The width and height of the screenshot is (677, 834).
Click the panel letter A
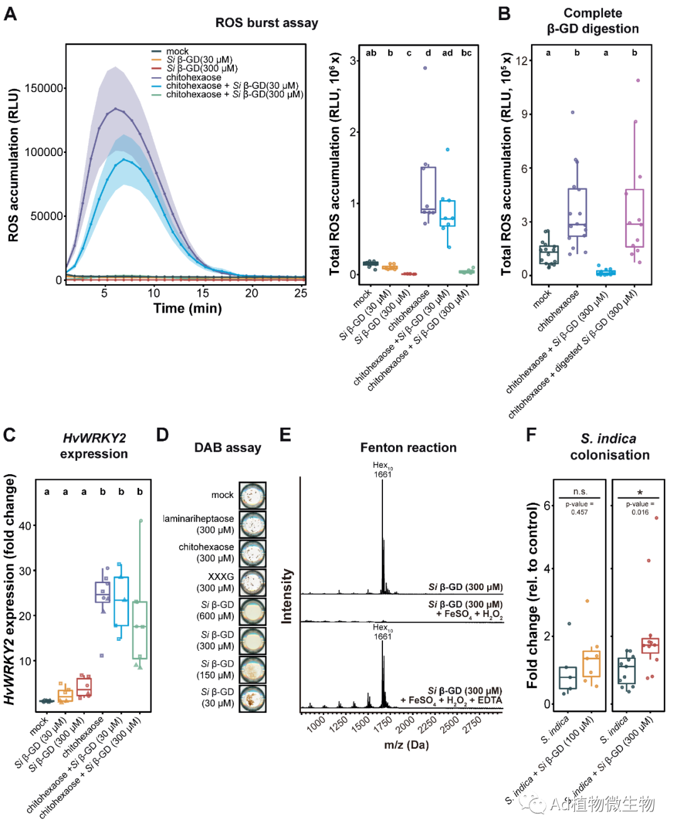pyautogui.click(x=10, y=14)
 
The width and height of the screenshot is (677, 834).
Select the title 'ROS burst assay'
pyautogui.click(x=266, y=23)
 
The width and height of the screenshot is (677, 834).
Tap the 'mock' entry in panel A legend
pyautogui.click(x=177, y=51)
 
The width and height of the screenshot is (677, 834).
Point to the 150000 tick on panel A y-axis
pyautogui.click(x=44, y=88)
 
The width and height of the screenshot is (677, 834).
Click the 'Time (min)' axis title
pyautogui.click(x=187, y=309)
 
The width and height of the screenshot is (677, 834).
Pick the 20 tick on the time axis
pyautogui.click(x=251, y=293)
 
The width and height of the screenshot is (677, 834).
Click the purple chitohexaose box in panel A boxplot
pyautogui.click(x=428, y=190)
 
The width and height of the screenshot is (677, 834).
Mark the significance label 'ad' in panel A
pyautogui.click(x=447, y=53)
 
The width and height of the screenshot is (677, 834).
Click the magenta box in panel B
pyautogui.click(x=634, y=218)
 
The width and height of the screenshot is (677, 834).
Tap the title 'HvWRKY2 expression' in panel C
pyautogui.click(x=94, y=446)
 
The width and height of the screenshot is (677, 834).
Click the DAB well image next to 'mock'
pyautogui.click(x=253, y=495)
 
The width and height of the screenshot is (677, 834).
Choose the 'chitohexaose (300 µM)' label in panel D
pyautogui.click(x=206, y=552)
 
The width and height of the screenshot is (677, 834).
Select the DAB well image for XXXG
pyautogui.click(x=253, y=582)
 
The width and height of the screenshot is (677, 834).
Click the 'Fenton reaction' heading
pyautogui.click(x=408, y=448)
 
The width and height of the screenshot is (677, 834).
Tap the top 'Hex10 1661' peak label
pyautogui.click(x=382, y=470)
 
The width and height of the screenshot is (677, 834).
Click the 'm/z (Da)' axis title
pyautogui.click(x=406, y=745)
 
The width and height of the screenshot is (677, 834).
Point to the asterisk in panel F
pyautogui.click(x=639, y=493)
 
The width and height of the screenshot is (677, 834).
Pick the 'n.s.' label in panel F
pyautogui.click(x=580, y=492)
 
